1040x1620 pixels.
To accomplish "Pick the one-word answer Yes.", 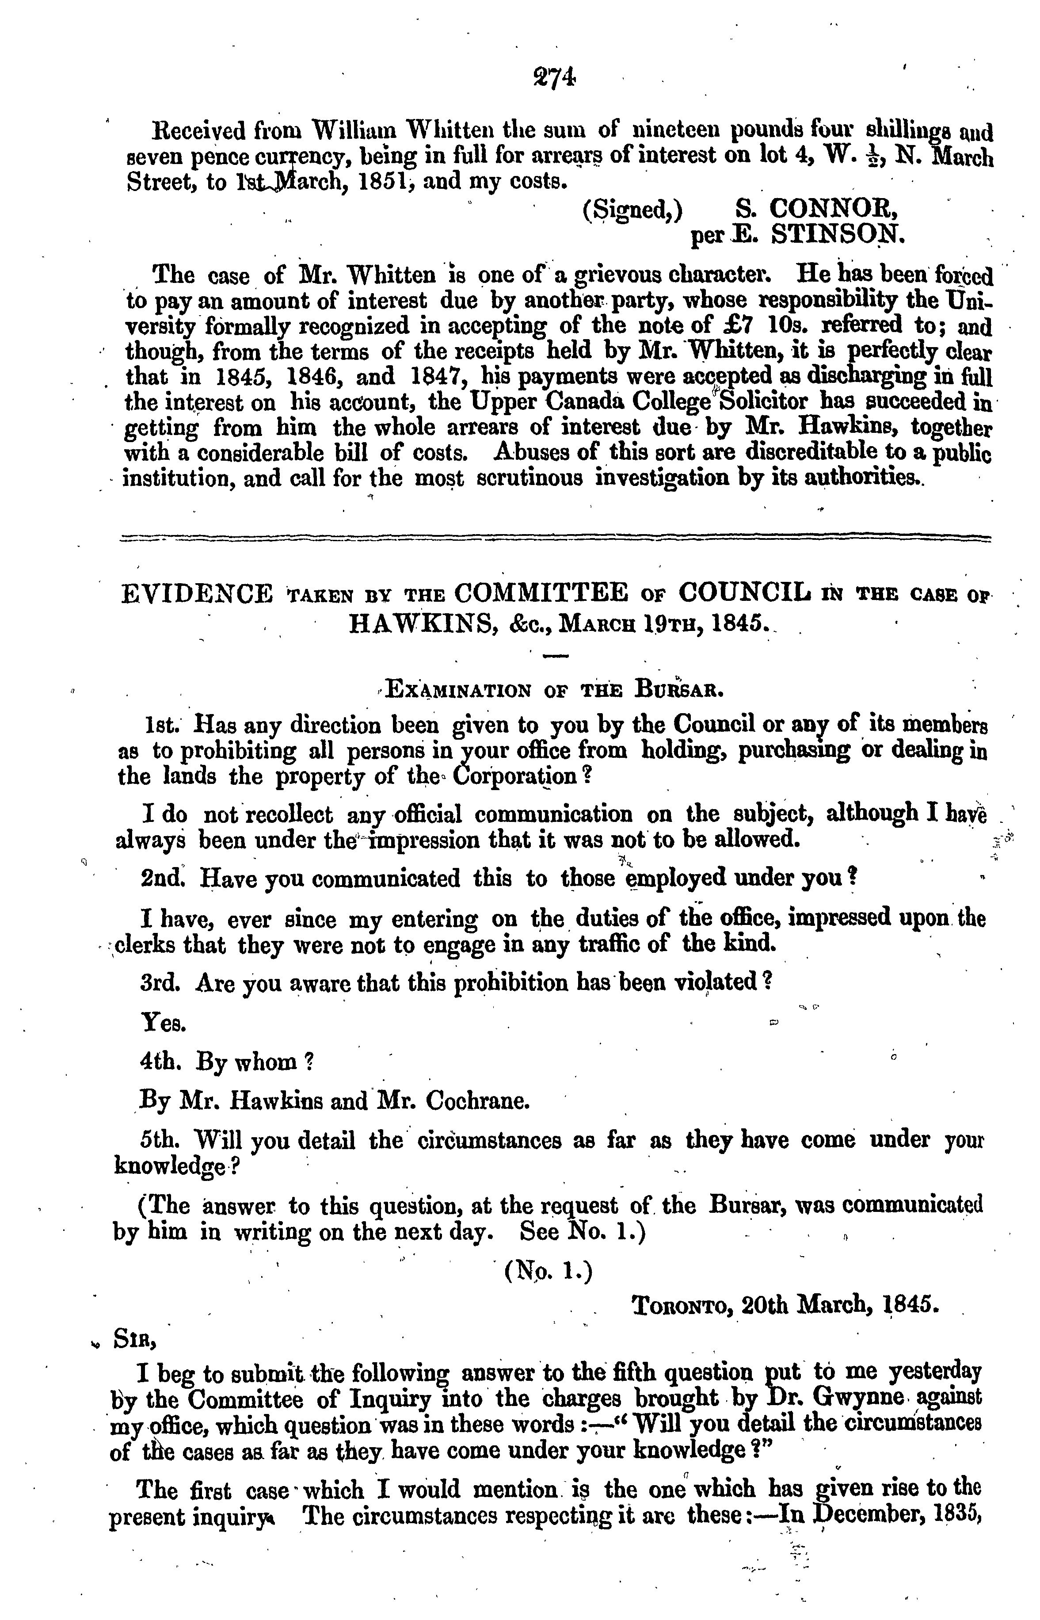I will (163, 1024).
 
